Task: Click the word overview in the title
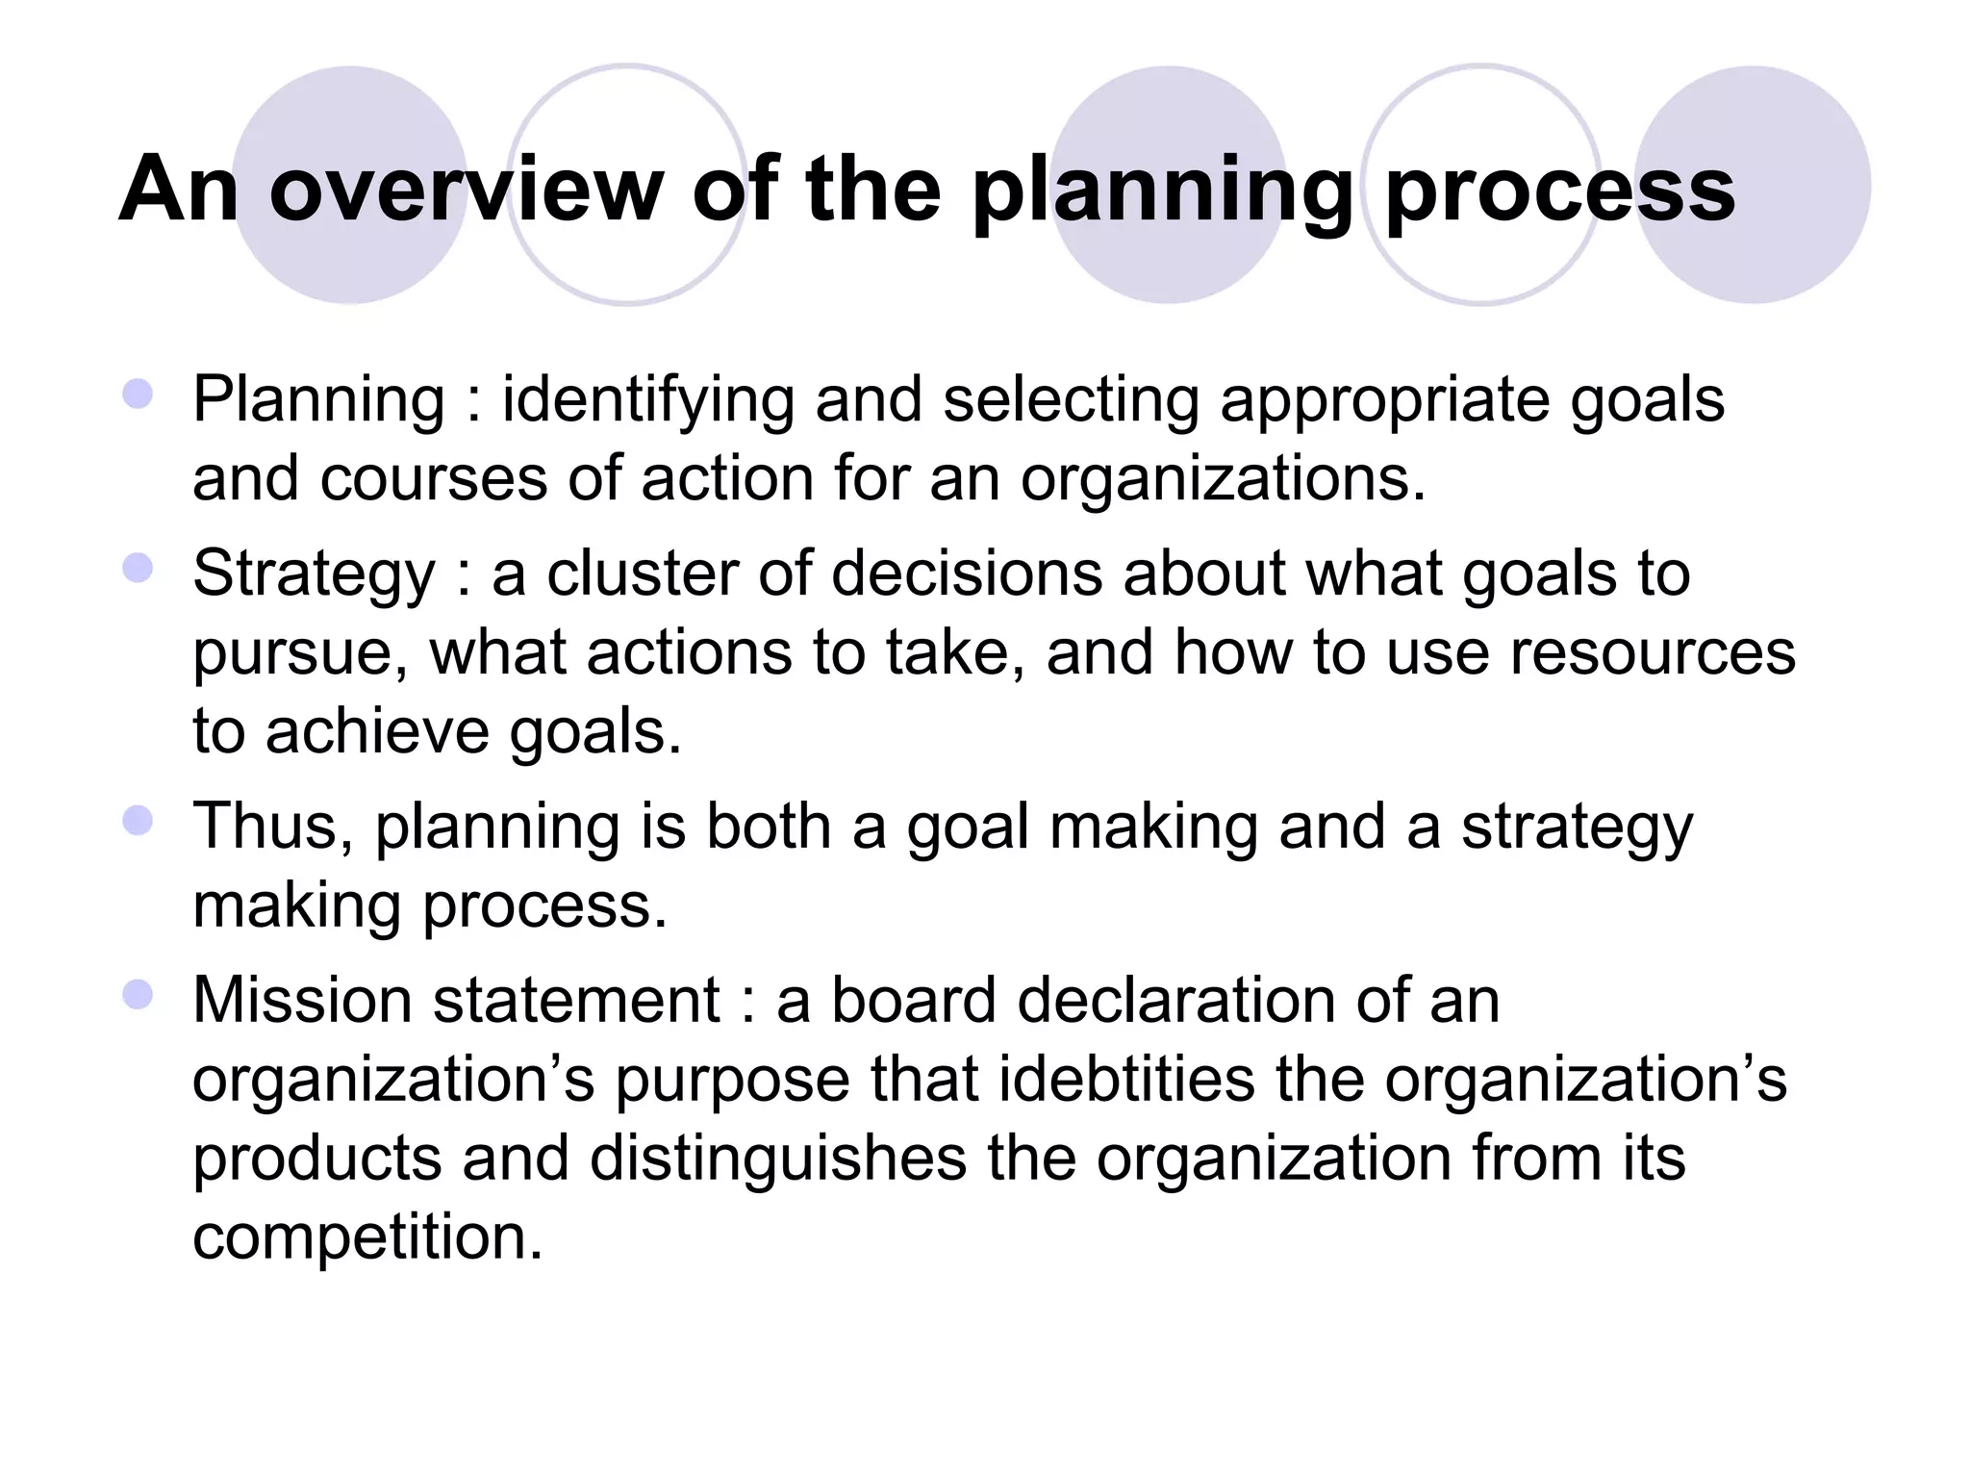(x=467, y=190)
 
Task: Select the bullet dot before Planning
(x=139, y=395)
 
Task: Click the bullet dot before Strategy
(x=139, y=568)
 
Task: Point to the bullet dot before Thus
(x=139, y=821)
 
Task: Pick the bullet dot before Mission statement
(x=139, y=995)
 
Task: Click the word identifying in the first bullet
(x=647, y=400)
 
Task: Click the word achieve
(x=376, y=731)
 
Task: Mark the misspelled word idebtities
(x=1126, y=1080)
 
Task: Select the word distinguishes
(x=777, y=1159)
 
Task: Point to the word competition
(x=367, y=1237)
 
